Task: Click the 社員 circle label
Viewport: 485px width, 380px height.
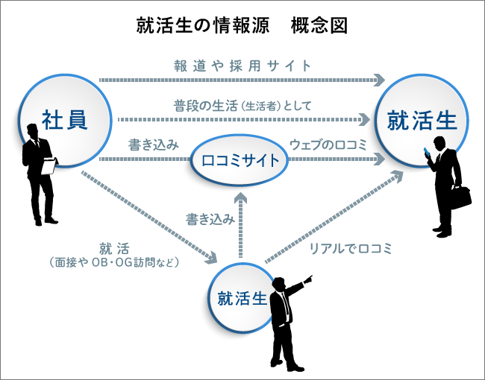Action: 65,118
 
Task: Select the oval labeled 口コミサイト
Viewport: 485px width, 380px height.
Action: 239,159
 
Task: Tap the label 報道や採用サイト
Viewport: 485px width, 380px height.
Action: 239,66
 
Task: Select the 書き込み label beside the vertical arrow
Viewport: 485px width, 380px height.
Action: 210,219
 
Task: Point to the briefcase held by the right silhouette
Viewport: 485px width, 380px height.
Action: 460,195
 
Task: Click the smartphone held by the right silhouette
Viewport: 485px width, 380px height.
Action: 428,153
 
